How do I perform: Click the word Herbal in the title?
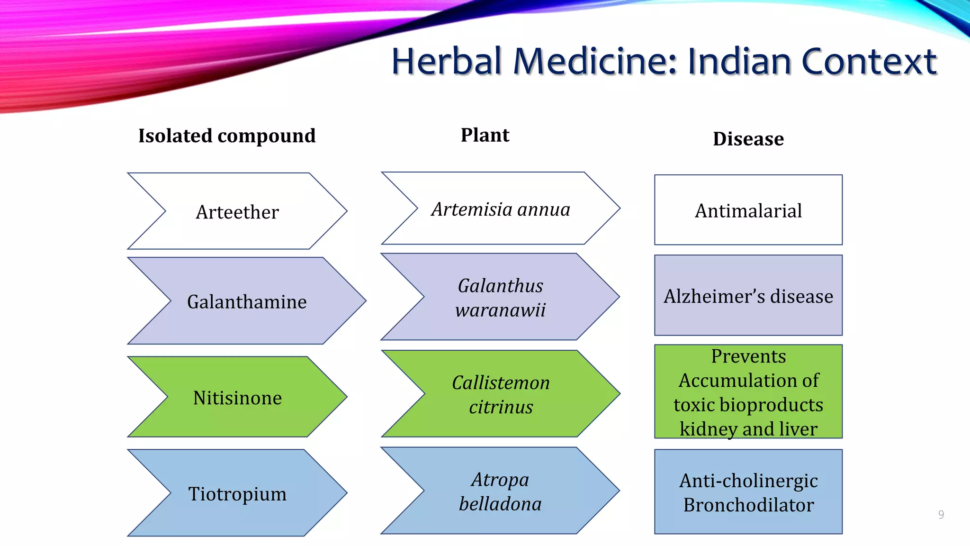[x=446, y=62]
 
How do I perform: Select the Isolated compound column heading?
[x=227, y=136]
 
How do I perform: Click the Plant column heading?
[x=485, y=135]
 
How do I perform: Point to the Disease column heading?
[x=748, y=139]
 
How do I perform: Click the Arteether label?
[x=237, y=212]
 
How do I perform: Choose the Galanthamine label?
[x=247, y=302]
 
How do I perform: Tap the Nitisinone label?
[x=237, y=398]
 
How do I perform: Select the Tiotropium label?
[x=237, y=494]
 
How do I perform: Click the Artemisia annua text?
[x=501, y=209]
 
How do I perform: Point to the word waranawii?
[x=501, y=310]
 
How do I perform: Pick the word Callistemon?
[x=501, y=382]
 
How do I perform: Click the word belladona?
[x=501, y=504]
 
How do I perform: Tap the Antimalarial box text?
[x=748, y=211]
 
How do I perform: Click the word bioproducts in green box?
[x=771, y=405]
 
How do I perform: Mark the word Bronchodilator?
[x=748, y=505]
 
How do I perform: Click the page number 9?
[x=941, y=515]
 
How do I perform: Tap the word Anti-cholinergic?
[x=748, y=481]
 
